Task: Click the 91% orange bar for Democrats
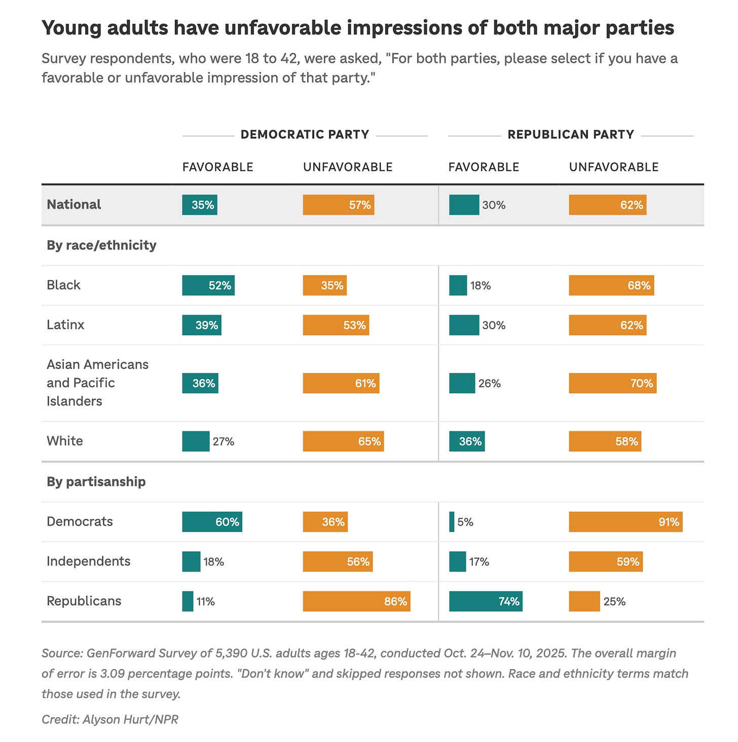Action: point(625,522)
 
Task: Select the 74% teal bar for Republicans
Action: point(486,602)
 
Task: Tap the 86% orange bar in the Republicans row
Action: point(356,602)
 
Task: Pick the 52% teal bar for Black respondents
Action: point(208,285)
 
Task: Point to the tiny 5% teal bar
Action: point(452,522)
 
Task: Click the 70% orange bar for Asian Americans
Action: point(612,383)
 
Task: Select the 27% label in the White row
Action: point(224,441)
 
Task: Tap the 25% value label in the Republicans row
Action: point(614,602)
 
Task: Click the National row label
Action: point(74,204)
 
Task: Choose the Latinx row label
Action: point(65,324)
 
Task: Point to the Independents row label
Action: point(88,561)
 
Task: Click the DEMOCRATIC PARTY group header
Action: point(305,134)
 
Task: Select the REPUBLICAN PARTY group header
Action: point(571,134)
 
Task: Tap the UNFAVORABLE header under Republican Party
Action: point(613,167)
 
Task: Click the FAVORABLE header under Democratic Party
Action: point(217,167)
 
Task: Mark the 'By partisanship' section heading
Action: point(96,481)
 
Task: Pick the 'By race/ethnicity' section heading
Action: point(101,245)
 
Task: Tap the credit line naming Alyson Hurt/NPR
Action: point(110,719)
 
